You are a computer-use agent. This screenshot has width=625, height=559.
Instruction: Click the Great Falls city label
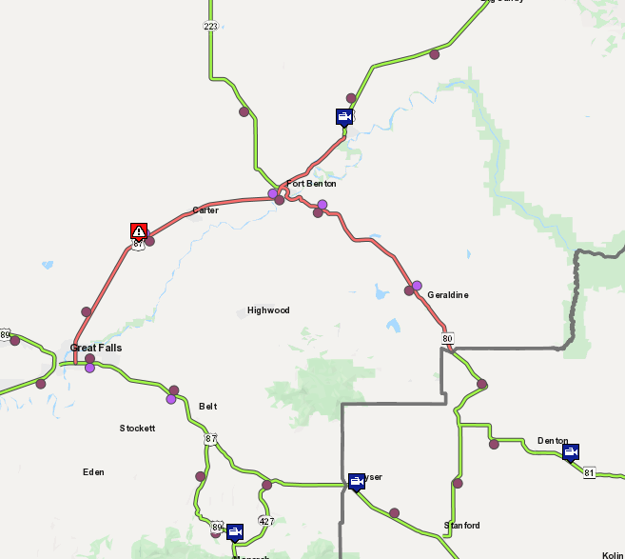coord(96,348)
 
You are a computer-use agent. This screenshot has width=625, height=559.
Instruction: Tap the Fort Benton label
coord(311,184)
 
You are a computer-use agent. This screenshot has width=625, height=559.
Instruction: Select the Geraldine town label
coord(447,295)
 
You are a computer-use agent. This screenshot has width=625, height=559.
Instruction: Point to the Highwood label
coord(268,310)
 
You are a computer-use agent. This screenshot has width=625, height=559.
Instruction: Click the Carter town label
coord(205,210)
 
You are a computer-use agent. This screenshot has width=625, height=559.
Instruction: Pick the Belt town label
coord(208,407)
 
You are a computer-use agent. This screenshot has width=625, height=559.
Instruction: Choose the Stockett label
coord(137,429)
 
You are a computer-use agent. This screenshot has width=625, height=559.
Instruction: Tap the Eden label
coord(93,472)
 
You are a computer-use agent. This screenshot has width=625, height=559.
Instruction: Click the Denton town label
coord(553,441)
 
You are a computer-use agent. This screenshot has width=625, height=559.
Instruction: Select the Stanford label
coord(462,526)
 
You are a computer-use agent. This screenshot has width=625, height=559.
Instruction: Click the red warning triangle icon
coord(139,230)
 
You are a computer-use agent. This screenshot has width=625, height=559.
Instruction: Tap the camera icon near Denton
coord(571,452)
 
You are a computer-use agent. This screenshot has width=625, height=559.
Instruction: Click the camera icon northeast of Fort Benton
coord(344,116)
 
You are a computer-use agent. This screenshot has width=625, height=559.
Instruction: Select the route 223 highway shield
coord(210,26)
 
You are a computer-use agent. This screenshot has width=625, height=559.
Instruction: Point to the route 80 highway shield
coord(447,339)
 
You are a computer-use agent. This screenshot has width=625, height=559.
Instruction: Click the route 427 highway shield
coord(266,522)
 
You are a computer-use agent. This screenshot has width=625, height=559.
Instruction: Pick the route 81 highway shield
coord(590,473)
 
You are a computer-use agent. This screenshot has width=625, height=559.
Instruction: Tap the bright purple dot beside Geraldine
coord(417,286)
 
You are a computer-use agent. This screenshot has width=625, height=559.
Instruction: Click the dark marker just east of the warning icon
coord(149,241)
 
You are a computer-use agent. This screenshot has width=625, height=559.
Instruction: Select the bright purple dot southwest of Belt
coord(171,399)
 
